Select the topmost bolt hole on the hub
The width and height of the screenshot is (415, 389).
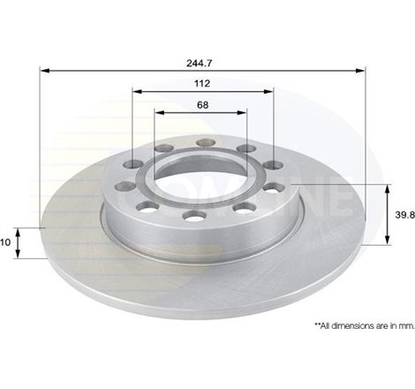[205, 142]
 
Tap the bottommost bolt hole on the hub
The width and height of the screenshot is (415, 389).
[195, 215]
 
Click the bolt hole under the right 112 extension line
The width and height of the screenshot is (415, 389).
[273, 164]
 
